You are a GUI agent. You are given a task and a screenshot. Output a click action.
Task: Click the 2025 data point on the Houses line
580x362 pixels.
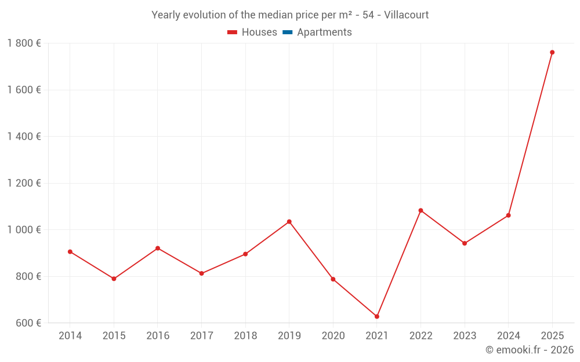coord(552,52)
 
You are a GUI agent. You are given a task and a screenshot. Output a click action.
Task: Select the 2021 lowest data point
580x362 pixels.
coord(377,316)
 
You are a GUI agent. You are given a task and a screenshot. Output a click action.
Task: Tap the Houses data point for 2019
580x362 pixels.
coord(289,222)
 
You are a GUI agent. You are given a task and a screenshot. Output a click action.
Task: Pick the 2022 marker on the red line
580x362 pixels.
coord(420,210)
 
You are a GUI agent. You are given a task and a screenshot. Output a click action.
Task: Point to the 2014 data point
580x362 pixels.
coord(70,251)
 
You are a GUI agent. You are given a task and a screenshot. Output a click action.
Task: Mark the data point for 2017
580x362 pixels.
coord(201,273)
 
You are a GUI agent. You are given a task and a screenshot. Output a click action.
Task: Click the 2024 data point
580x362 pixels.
coord(509,215)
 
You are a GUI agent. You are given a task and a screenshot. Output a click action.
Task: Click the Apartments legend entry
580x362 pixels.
coord(324,32)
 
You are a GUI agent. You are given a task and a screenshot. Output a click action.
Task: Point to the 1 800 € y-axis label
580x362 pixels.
coord(24,43)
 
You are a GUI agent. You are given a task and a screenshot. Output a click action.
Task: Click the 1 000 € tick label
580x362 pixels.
coord(24,229)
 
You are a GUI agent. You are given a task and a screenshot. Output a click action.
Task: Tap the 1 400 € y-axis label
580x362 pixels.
coord(24,136)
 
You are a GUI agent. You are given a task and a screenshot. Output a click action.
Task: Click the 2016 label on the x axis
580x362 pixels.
coord(158,336)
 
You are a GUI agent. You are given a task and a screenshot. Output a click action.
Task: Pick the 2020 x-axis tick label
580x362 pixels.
coord(333,336)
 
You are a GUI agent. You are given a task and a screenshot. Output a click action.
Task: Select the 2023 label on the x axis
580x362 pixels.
coord(465,336)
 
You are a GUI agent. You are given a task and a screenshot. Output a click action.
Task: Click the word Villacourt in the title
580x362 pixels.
coord(406,15)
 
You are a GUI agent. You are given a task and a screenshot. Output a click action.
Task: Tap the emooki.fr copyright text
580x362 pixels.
coord(530,350)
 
